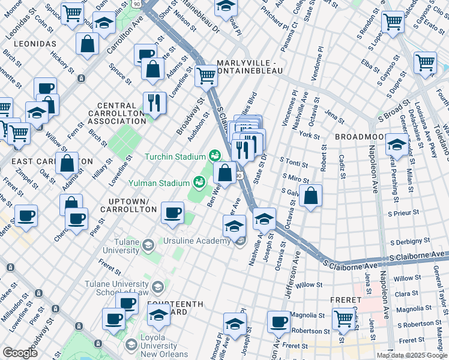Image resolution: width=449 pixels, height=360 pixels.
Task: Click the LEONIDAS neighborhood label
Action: pyautogui.click(x=32, y=44)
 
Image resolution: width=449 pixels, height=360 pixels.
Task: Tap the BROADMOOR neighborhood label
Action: pyautogui.click(x=358, y=137)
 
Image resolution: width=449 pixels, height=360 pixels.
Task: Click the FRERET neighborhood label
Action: pyautogui.click(x=346, y=299)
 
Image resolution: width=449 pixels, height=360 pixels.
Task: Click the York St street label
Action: pyautogui.click(x=310, y=136)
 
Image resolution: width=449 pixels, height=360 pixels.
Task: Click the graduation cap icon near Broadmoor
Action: pyautogui.click(x=396, y=145)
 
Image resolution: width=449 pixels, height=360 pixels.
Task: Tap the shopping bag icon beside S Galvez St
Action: pyautogui.click(x=310, y=196)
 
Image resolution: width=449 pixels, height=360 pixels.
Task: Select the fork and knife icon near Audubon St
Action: pyautogui.click(x=155, y=103)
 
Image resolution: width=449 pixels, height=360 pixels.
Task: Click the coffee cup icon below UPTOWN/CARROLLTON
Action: pyautogui.click(x=173, y=213)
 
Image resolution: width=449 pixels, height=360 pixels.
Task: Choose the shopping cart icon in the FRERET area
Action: pyautogui.click(x=343, y=317)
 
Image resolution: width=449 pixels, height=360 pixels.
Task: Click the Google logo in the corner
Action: pyautogui.click(x=20, y=353)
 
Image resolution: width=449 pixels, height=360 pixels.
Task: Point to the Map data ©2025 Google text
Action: pyautogui.click(x=412, y=355)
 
